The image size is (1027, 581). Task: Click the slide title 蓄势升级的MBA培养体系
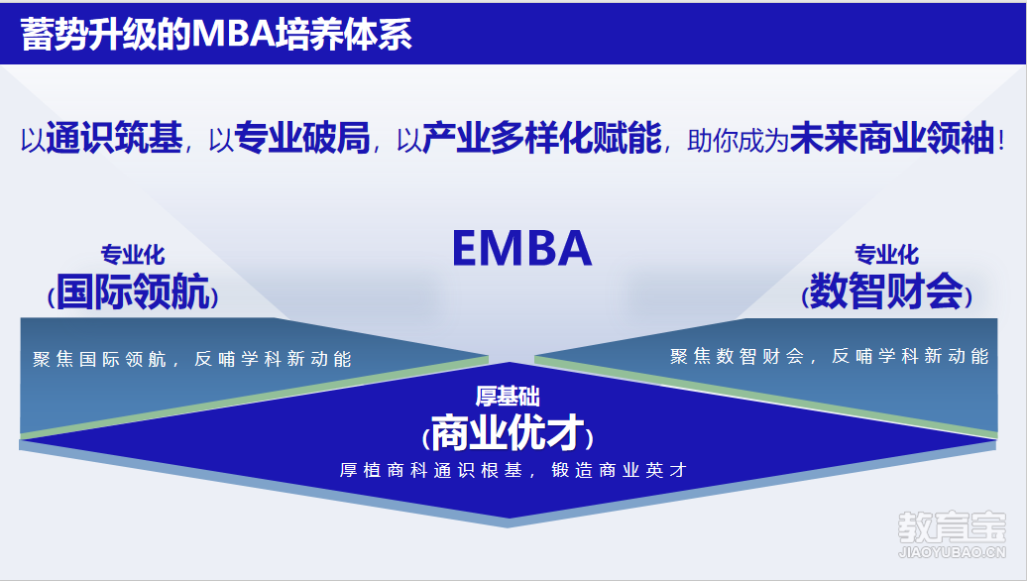(x=216, y=34)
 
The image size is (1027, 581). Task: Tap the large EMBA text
(x=522, y=248)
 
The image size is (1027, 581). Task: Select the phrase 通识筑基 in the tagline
(x=114, y=138)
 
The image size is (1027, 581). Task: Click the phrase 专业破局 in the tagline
(x=302, y=138)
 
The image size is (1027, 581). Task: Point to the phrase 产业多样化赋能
(x=541, y=138)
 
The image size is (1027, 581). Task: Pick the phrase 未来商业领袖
(x=893, y=138)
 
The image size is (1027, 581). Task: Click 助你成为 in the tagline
(x=738, y=140)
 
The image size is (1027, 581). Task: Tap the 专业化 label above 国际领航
(x=133, y=254)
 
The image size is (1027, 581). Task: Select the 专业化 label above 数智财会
(x=887, y=254)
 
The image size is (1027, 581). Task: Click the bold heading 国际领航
(x=133, y=291)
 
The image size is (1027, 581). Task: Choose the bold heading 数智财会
(x=887, y=291)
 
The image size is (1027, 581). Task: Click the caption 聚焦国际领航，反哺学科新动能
(x=192, y=359)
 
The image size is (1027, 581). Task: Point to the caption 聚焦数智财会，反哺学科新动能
(x=829, y=356)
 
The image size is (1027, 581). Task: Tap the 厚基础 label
(x=508, y=397)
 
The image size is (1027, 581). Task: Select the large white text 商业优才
(x=508, y=433)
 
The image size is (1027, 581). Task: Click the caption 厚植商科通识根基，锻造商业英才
(x=513, y=470)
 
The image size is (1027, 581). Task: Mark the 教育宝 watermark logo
(x=952, y=526)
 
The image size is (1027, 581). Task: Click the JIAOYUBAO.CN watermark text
(x=952, y=552)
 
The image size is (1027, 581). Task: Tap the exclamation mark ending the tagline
(x=1001, y=139)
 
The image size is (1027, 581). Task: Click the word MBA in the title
(x=233, y=34)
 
